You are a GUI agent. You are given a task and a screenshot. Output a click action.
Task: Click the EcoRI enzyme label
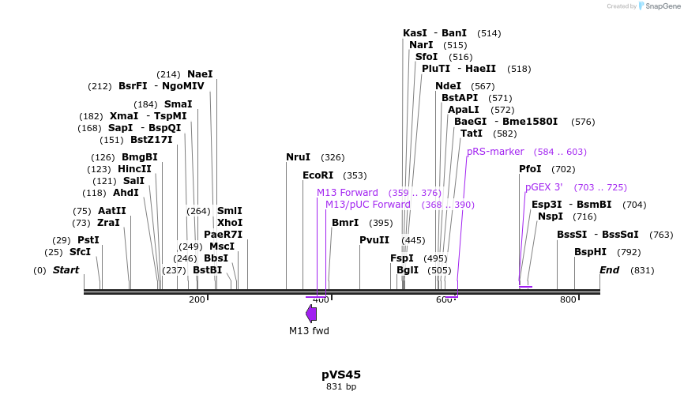tap(318, 175)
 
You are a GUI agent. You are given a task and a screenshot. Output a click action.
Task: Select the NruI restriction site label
tap(298, 157)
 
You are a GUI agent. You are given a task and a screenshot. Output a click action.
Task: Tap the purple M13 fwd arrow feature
tap(311, 314)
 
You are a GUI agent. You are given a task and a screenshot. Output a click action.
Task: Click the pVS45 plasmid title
tap(341, 375)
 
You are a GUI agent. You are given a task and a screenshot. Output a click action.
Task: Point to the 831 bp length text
tap(341, 387)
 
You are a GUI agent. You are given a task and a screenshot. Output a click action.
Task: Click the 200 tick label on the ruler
tap(196, 299)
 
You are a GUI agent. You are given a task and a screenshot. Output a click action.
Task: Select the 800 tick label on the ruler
tap(568, 299)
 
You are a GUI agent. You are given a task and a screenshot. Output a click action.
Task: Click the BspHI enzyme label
tap(590, 252)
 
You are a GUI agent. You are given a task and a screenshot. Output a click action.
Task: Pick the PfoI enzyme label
tap(530, 169)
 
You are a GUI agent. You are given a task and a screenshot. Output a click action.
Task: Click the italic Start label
tap(66, 270)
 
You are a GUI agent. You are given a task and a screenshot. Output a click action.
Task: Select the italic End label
tap(609, 270)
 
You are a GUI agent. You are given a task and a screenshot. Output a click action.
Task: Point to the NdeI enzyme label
tap(448, 86)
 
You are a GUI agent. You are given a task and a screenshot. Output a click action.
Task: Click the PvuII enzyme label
tap(374, 240)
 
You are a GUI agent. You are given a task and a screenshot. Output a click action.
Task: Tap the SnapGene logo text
tap(663, 6)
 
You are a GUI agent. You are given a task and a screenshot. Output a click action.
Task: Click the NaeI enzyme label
tap(200, 74)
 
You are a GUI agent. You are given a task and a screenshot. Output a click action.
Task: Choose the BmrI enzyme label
tap(345, 223)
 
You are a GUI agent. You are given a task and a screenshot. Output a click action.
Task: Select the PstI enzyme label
tap(88, 240)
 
